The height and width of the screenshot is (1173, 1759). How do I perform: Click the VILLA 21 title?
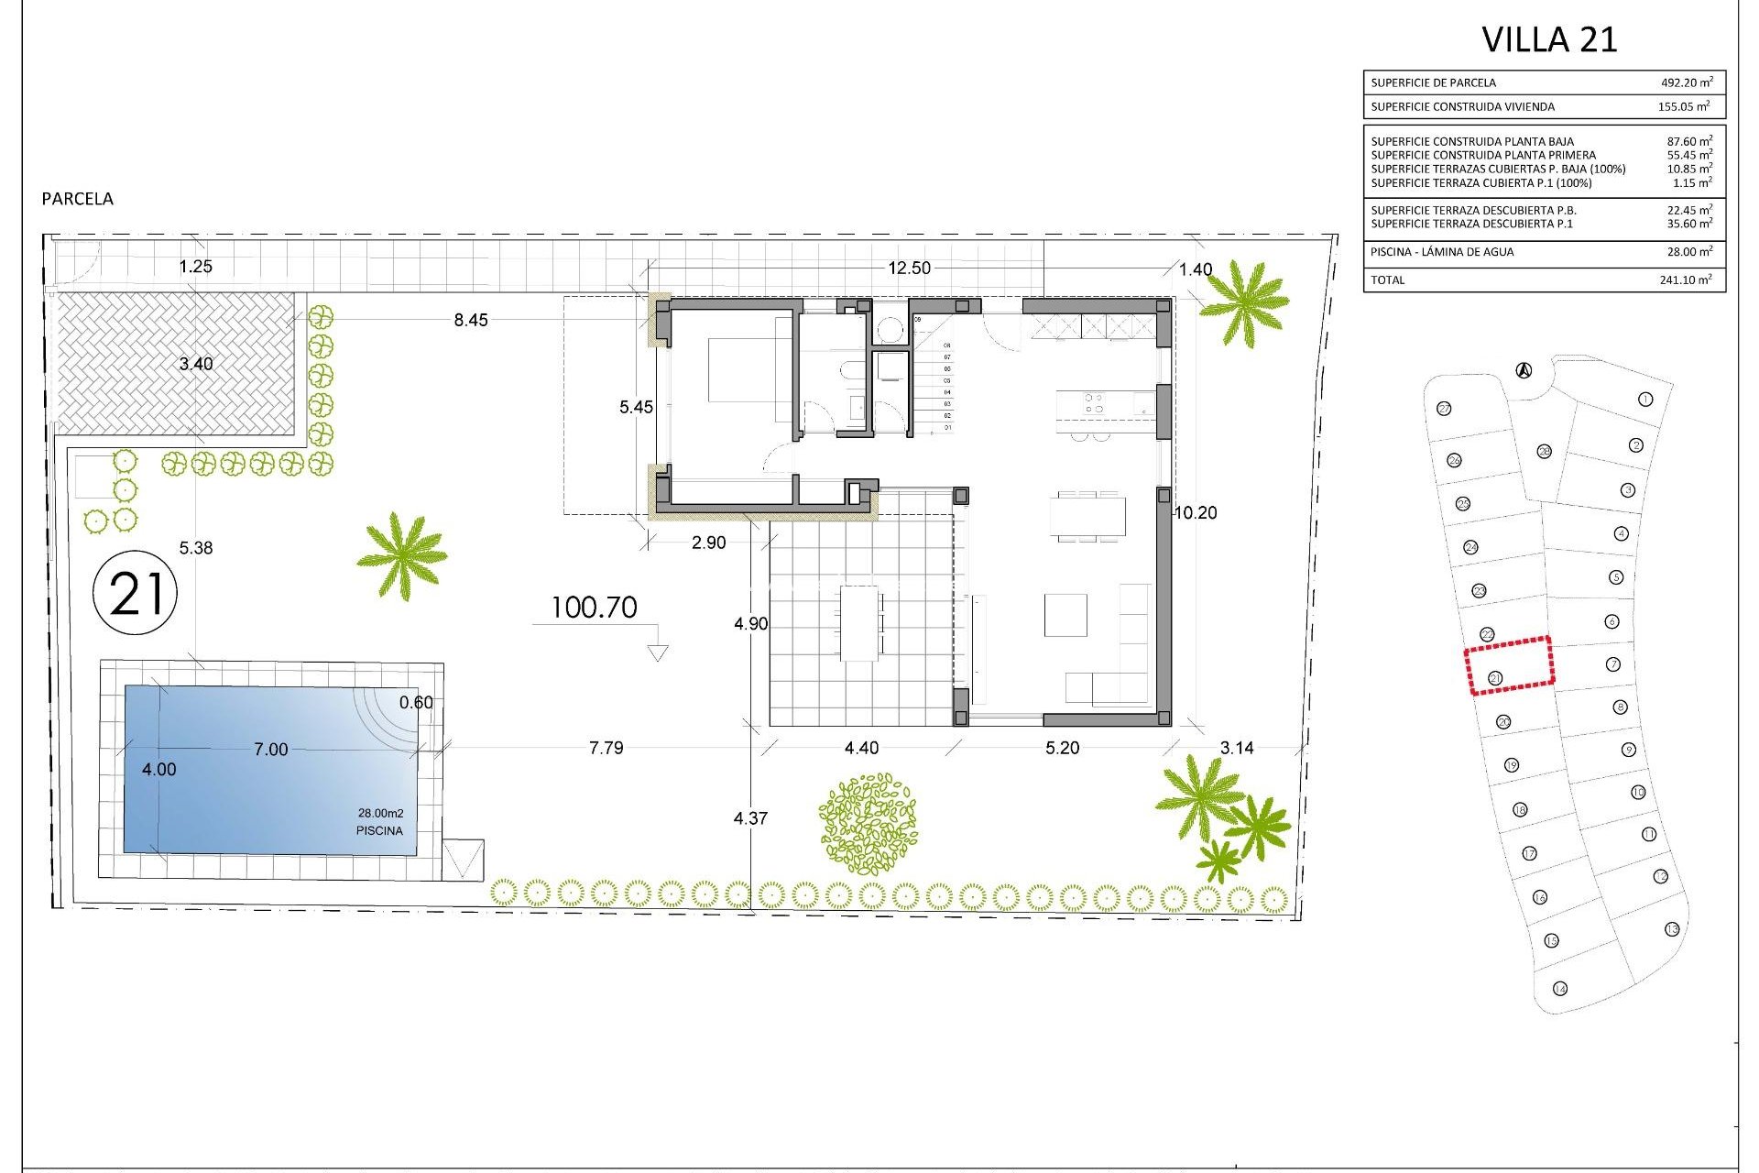[x=1549, y=39]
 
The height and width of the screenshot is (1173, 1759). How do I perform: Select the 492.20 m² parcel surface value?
[x=1687, y=82]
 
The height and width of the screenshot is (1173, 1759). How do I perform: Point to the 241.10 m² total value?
[x=1685, y=280]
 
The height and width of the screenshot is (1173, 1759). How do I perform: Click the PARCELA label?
[x=78, y=199]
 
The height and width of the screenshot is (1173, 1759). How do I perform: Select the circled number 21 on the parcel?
[x=136, y=593]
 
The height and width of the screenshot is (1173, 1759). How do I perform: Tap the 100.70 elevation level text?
[x=594, y=608]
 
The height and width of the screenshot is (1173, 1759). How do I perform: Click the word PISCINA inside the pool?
[x=379, y=830]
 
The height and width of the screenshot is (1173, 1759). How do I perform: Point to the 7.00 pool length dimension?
[x=270, y=750]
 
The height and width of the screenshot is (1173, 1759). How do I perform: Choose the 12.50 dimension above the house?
[x=909, y=268]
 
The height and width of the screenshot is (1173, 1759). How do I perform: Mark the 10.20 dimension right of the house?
[x=1196, y=513]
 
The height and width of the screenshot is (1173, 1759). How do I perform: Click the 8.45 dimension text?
[x=471, y=320]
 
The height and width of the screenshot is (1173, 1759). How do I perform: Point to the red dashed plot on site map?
[x=1509, y=665]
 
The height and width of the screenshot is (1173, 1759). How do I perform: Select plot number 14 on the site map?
[x=1559, y=988]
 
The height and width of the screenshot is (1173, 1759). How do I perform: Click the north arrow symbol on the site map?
[x=1524, y=370]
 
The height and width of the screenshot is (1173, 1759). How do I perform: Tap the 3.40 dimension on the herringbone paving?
[x=195, y=364]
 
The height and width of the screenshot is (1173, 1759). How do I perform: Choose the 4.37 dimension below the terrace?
[x=750, y=818]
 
